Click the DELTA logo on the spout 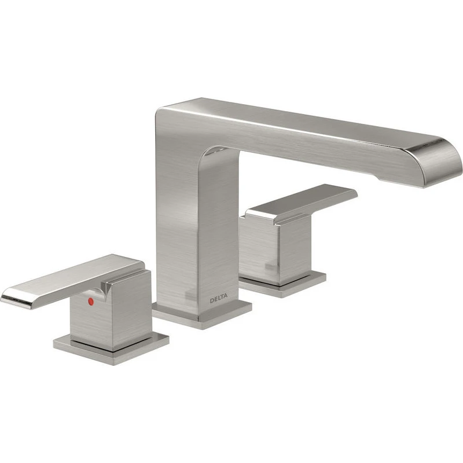point(219,299)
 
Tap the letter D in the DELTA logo point(211,300)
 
